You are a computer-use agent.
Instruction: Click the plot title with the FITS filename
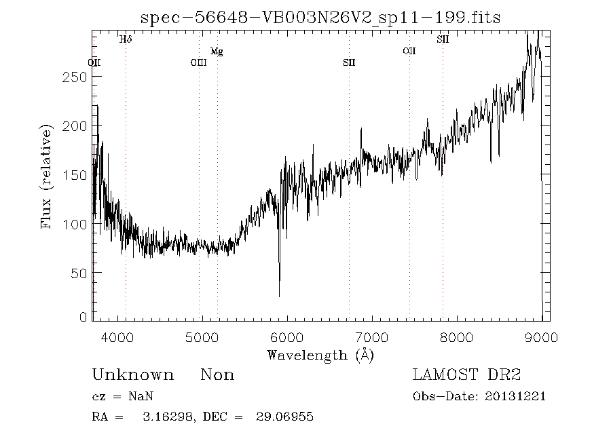point(320,18)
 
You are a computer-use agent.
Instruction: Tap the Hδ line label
point(126,39)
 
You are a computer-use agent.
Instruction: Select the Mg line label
point(217,52)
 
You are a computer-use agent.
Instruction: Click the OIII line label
point(198,63)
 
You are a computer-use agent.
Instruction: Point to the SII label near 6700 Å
point(349,63)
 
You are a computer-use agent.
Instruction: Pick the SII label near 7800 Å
point(443,39)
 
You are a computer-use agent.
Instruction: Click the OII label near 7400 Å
point(409,52)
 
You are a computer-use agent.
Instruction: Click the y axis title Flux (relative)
point(46,176)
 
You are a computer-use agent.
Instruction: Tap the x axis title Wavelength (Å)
point(320,355)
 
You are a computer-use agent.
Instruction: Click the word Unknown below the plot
point(132,375)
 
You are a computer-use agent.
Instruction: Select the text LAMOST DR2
point(466,375)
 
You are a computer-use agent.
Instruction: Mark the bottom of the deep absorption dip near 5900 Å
point(279,296)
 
